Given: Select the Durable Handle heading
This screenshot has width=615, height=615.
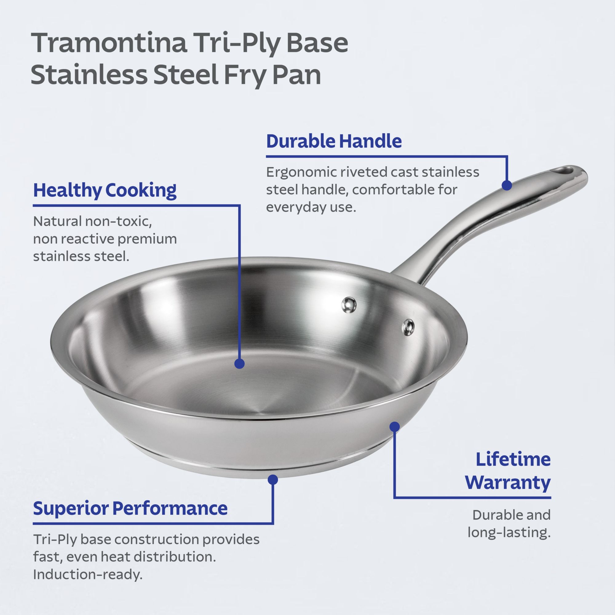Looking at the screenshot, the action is (334, 141).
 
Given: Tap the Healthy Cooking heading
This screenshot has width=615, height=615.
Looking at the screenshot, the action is (105, 191).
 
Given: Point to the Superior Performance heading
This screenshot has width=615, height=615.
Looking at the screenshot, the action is (130, 508).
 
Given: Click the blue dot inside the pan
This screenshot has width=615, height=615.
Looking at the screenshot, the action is (239, 363).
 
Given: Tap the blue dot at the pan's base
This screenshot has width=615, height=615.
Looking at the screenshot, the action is (273, 479).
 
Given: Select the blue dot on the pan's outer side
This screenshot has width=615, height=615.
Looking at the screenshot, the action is (395, 427).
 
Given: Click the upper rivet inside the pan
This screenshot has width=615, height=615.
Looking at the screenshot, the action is (349, 304).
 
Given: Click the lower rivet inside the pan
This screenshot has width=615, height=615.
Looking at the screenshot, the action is (408, 327).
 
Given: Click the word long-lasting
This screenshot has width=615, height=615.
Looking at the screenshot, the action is (509, 550).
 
